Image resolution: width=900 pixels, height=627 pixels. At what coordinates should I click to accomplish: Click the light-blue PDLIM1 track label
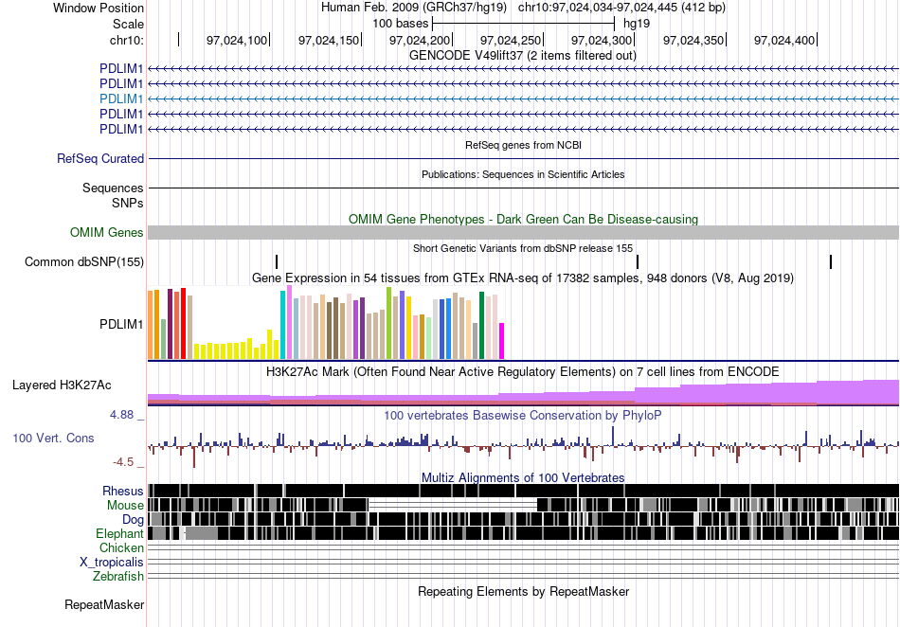[x=121, y=99]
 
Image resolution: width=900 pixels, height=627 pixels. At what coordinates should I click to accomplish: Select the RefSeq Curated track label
[x=100, y=158]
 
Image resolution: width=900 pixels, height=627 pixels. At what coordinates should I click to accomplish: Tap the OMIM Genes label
[x=107, y=232]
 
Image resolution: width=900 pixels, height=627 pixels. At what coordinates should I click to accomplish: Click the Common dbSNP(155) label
[x=84, y=262]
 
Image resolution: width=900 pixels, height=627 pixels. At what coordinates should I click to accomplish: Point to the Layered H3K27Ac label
[x=62, y=385]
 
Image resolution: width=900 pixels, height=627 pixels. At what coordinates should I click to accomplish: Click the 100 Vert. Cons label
[x=53, y=439]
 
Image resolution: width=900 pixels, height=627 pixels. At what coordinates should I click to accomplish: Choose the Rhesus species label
[x=123, y=491]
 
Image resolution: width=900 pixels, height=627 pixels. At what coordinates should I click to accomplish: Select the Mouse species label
[x=125, y=506]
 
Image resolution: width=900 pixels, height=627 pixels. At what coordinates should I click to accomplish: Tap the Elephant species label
[x=119, y=534]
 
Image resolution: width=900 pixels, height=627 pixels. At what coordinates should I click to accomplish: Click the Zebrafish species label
[x=118, y=576]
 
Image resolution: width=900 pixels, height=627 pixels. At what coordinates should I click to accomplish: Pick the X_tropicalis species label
[x=112, y=563]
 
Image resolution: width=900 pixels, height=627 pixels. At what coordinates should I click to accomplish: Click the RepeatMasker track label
[x=104, y=604]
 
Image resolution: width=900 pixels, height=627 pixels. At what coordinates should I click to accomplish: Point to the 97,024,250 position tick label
[x=511, y=40]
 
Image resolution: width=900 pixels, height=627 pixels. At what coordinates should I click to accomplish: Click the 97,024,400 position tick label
[x=784, y=40]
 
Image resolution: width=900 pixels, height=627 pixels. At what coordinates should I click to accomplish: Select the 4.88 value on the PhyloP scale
[x=121, y=414]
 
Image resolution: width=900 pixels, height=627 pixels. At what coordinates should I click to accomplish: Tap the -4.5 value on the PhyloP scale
[x=123, y=462]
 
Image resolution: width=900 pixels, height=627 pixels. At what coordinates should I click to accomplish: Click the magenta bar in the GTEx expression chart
[x=502, y=341]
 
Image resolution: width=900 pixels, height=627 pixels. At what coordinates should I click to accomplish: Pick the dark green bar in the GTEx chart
[x=482, y=326]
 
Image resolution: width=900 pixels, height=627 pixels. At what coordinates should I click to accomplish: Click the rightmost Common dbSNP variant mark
[x=831, y=262]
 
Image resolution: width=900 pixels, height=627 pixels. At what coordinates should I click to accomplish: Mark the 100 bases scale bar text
[x=401, y=24]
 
